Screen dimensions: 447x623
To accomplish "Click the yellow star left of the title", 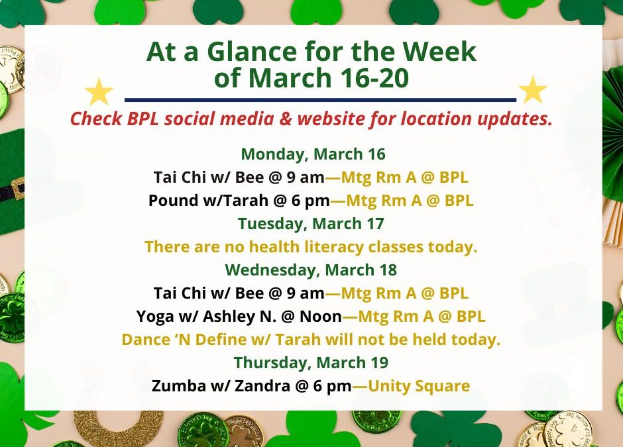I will tap(99, 92).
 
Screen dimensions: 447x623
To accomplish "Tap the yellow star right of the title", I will tap(532, 91).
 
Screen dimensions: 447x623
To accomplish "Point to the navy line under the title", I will tap(320, 100).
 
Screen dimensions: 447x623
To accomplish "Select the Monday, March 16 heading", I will tap(313, 154).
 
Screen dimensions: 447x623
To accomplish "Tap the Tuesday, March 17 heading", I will tap(311, 223).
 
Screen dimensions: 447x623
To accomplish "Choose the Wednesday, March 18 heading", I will tap(311, 270).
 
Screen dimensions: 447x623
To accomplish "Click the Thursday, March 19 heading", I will tap(311, 363).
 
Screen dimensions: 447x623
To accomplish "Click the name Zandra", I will tap(240, 386).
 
